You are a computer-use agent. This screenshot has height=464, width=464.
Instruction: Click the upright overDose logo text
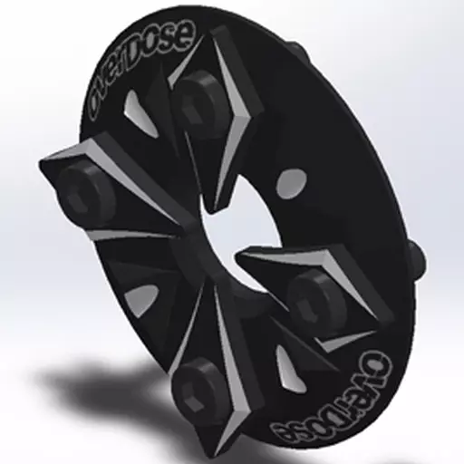coord(141,70)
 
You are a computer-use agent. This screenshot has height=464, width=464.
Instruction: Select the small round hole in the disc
coord(291,184)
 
